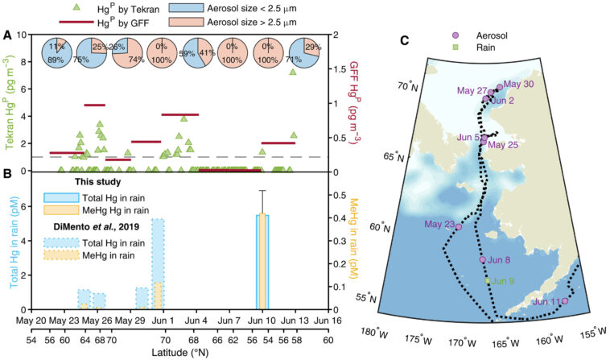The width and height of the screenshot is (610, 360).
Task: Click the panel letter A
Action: coord(7,35)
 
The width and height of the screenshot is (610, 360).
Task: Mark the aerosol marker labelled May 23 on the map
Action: coord(458,226)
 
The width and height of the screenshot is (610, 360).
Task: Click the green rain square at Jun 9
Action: coord(486,280)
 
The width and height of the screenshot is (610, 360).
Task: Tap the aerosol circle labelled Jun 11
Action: coord(565,300)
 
